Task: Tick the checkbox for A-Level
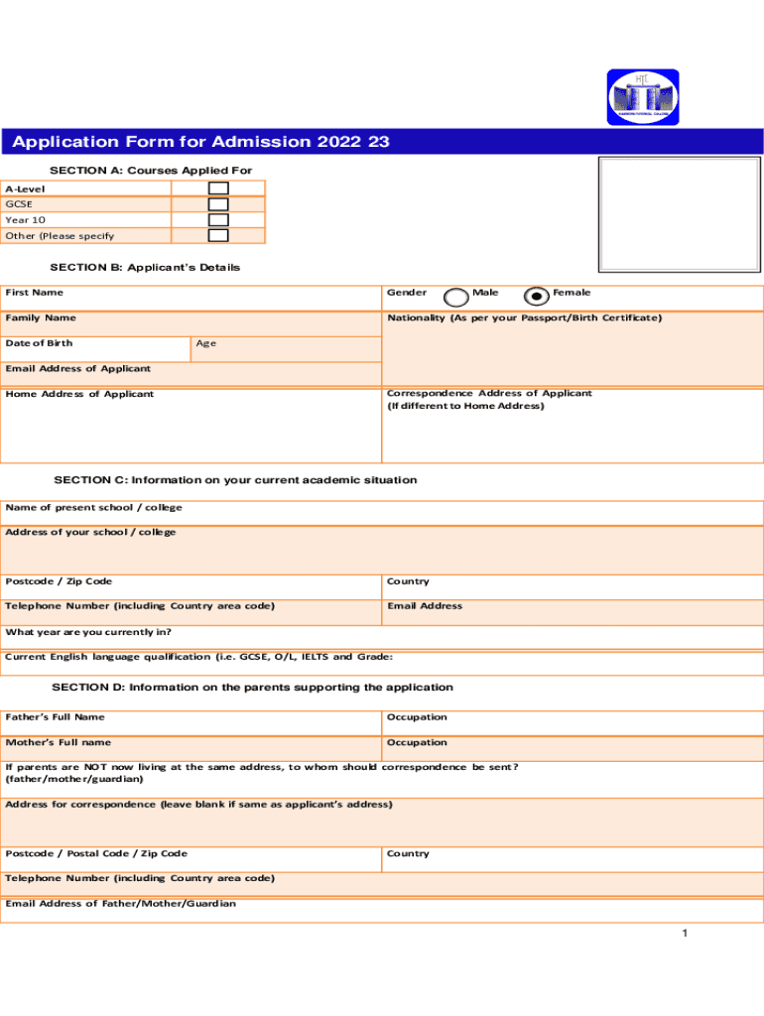[x=218, y=189]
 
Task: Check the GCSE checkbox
[x=218, y=204]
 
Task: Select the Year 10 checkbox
[x=218, y=220]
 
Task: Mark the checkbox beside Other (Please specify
[x=218, y=236]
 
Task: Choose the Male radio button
[x=456, y=297]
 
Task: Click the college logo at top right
[x=643, y=97]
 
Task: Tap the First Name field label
[x=34, y=293]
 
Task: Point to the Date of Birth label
[x=39, y=343]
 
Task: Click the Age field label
[x=205, y=343]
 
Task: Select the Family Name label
[x=40, y=318]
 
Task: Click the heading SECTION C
[x=235, y=480]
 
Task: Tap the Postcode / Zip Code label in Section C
[x=59, y=581]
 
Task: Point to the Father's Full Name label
[x=55, y=717]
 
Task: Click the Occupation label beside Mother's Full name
[x=417, y=743]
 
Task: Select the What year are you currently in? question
[x=88, y=632]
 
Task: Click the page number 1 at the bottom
[x=685, y=935]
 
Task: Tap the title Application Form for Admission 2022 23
[x=200, y=143]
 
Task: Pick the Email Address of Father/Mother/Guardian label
[x=120, y=904]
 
